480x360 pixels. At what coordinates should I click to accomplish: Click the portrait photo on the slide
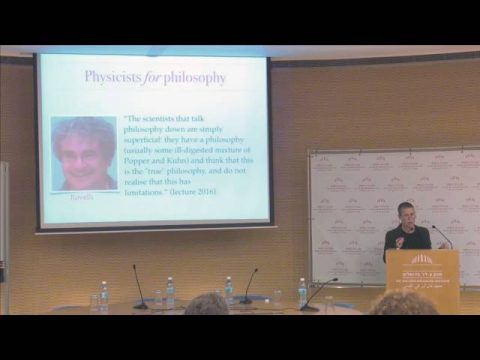click(x=84, y=152)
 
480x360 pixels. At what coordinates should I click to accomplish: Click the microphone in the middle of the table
click(x=246, y=286)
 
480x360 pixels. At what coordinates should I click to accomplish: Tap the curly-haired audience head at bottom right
click(x=402, y=304)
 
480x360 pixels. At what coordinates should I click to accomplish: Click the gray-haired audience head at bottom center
click(x=208, y=304)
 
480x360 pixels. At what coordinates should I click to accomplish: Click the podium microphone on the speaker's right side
click(x=441, y=235)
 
